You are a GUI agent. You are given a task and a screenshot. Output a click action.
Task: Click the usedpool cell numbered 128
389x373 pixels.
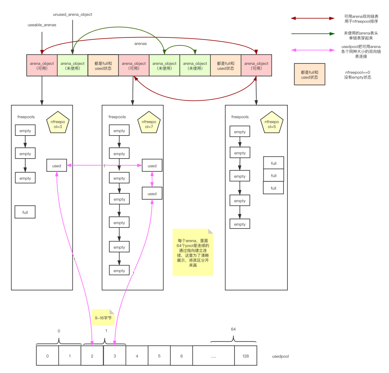pyautogui.click(x=246, y=356)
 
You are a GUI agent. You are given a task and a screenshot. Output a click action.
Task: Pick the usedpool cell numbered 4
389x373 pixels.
pyautogui.click(x=137, y=356)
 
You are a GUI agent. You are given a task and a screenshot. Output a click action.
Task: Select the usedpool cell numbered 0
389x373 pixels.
pyautogui.click(x=48, y=356)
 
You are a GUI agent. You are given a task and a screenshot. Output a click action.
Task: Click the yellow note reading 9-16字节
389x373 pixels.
pyautogui.click(x=103, y=318)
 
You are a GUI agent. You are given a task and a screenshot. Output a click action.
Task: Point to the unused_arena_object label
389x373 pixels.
pyautogui.click(x=72, y=14)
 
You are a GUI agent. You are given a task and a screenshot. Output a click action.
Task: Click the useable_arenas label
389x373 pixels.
pyautogui.click(x=42, y=25)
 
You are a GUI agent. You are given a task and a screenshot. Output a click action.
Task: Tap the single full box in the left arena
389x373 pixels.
pyautogui.click(x=25, y=212)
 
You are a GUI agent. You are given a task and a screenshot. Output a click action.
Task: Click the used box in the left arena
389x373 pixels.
pyautogui.click(x=57, y=165)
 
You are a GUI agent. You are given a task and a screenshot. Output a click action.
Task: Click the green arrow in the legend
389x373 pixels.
pyautogui.click(x=313, y=34)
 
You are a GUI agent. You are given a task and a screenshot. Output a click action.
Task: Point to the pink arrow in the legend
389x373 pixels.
pyautogui.click(x=313, y=50)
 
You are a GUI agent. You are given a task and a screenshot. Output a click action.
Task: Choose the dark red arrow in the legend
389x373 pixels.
pyautogui.click(x=313, y=18)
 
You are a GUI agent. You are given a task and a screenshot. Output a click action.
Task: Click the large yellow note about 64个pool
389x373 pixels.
pyautogui.click(x=193, y=252)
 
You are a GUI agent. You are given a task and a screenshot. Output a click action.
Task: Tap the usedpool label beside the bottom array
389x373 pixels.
pyautogui.click(x=280, y=356)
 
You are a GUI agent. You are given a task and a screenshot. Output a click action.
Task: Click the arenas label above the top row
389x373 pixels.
pyautogui.click(x=141, y=44)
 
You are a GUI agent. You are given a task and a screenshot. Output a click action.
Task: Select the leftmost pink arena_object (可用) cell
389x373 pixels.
pyautogui.click(x=42, y=65)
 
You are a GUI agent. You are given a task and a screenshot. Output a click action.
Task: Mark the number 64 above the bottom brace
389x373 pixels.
pyautogui.click(x=233, y=329)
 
